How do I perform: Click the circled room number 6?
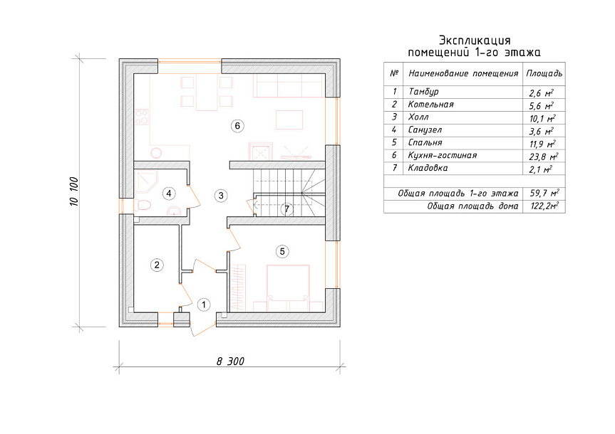coord(237,126)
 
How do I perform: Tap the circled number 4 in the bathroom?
coord(169,193)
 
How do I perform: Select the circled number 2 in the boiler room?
coord(157,265)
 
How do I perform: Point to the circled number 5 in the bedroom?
coord(282,251)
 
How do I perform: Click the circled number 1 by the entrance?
coord(204,305)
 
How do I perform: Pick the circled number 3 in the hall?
coord(221,195)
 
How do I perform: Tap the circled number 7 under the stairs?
coord(287,208)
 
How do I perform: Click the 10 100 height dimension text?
coord(75,191)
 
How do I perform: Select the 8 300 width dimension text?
coord(230,361)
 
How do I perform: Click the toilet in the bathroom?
coord(143,205)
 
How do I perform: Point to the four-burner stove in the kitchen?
coord(142,117)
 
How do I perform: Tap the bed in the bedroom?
coord(289,288)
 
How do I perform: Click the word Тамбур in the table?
coord(423,92)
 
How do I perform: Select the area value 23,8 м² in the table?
coord(544,157)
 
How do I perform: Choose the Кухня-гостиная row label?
coord(443,156)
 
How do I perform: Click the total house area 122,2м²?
coord(544,206)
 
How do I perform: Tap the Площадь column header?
coord(544,73)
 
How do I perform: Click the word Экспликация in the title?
coord(475,41)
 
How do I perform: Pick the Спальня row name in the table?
coord(425,142)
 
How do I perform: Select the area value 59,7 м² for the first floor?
coord(544,193)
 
